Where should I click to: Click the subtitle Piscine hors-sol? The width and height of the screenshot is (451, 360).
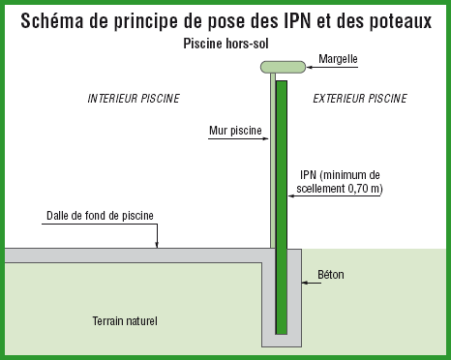224,44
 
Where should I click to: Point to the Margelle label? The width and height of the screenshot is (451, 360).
338,59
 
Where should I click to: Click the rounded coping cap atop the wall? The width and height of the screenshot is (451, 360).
283,66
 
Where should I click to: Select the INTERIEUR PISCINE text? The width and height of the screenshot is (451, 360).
134,99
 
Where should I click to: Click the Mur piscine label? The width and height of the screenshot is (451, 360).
234,129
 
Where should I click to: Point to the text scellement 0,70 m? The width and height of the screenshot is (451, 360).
342,190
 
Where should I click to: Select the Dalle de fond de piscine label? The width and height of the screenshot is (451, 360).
100,215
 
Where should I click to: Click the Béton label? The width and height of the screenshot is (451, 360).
330,275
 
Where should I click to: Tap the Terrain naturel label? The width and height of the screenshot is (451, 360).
124,320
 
